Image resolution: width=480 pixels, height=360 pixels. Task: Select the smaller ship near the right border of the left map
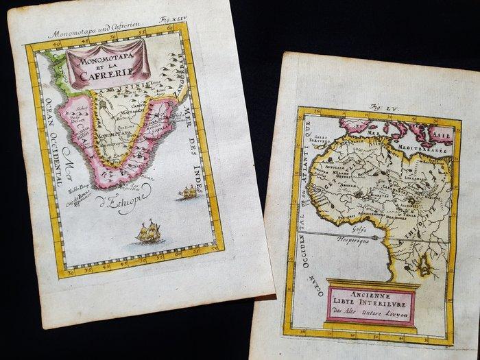[x=187, y=193]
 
